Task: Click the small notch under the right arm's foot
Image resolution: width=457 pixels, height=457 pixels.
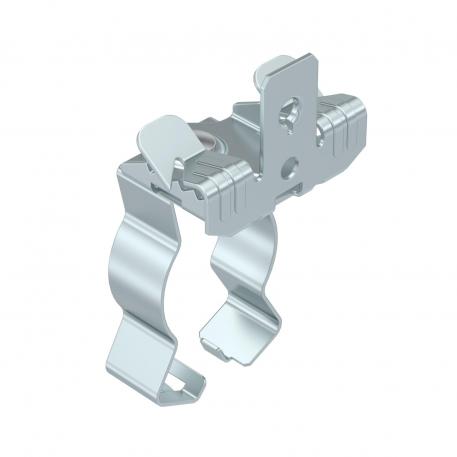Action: (215, 345)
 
